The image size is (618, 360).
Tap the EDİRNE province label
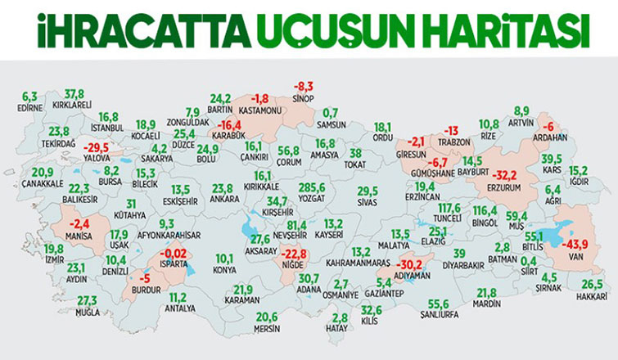[30, 106]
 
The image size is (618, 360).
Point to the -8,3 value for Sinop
[304, 85]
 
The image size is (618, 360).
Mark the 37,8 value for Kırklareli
[75, 95]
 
